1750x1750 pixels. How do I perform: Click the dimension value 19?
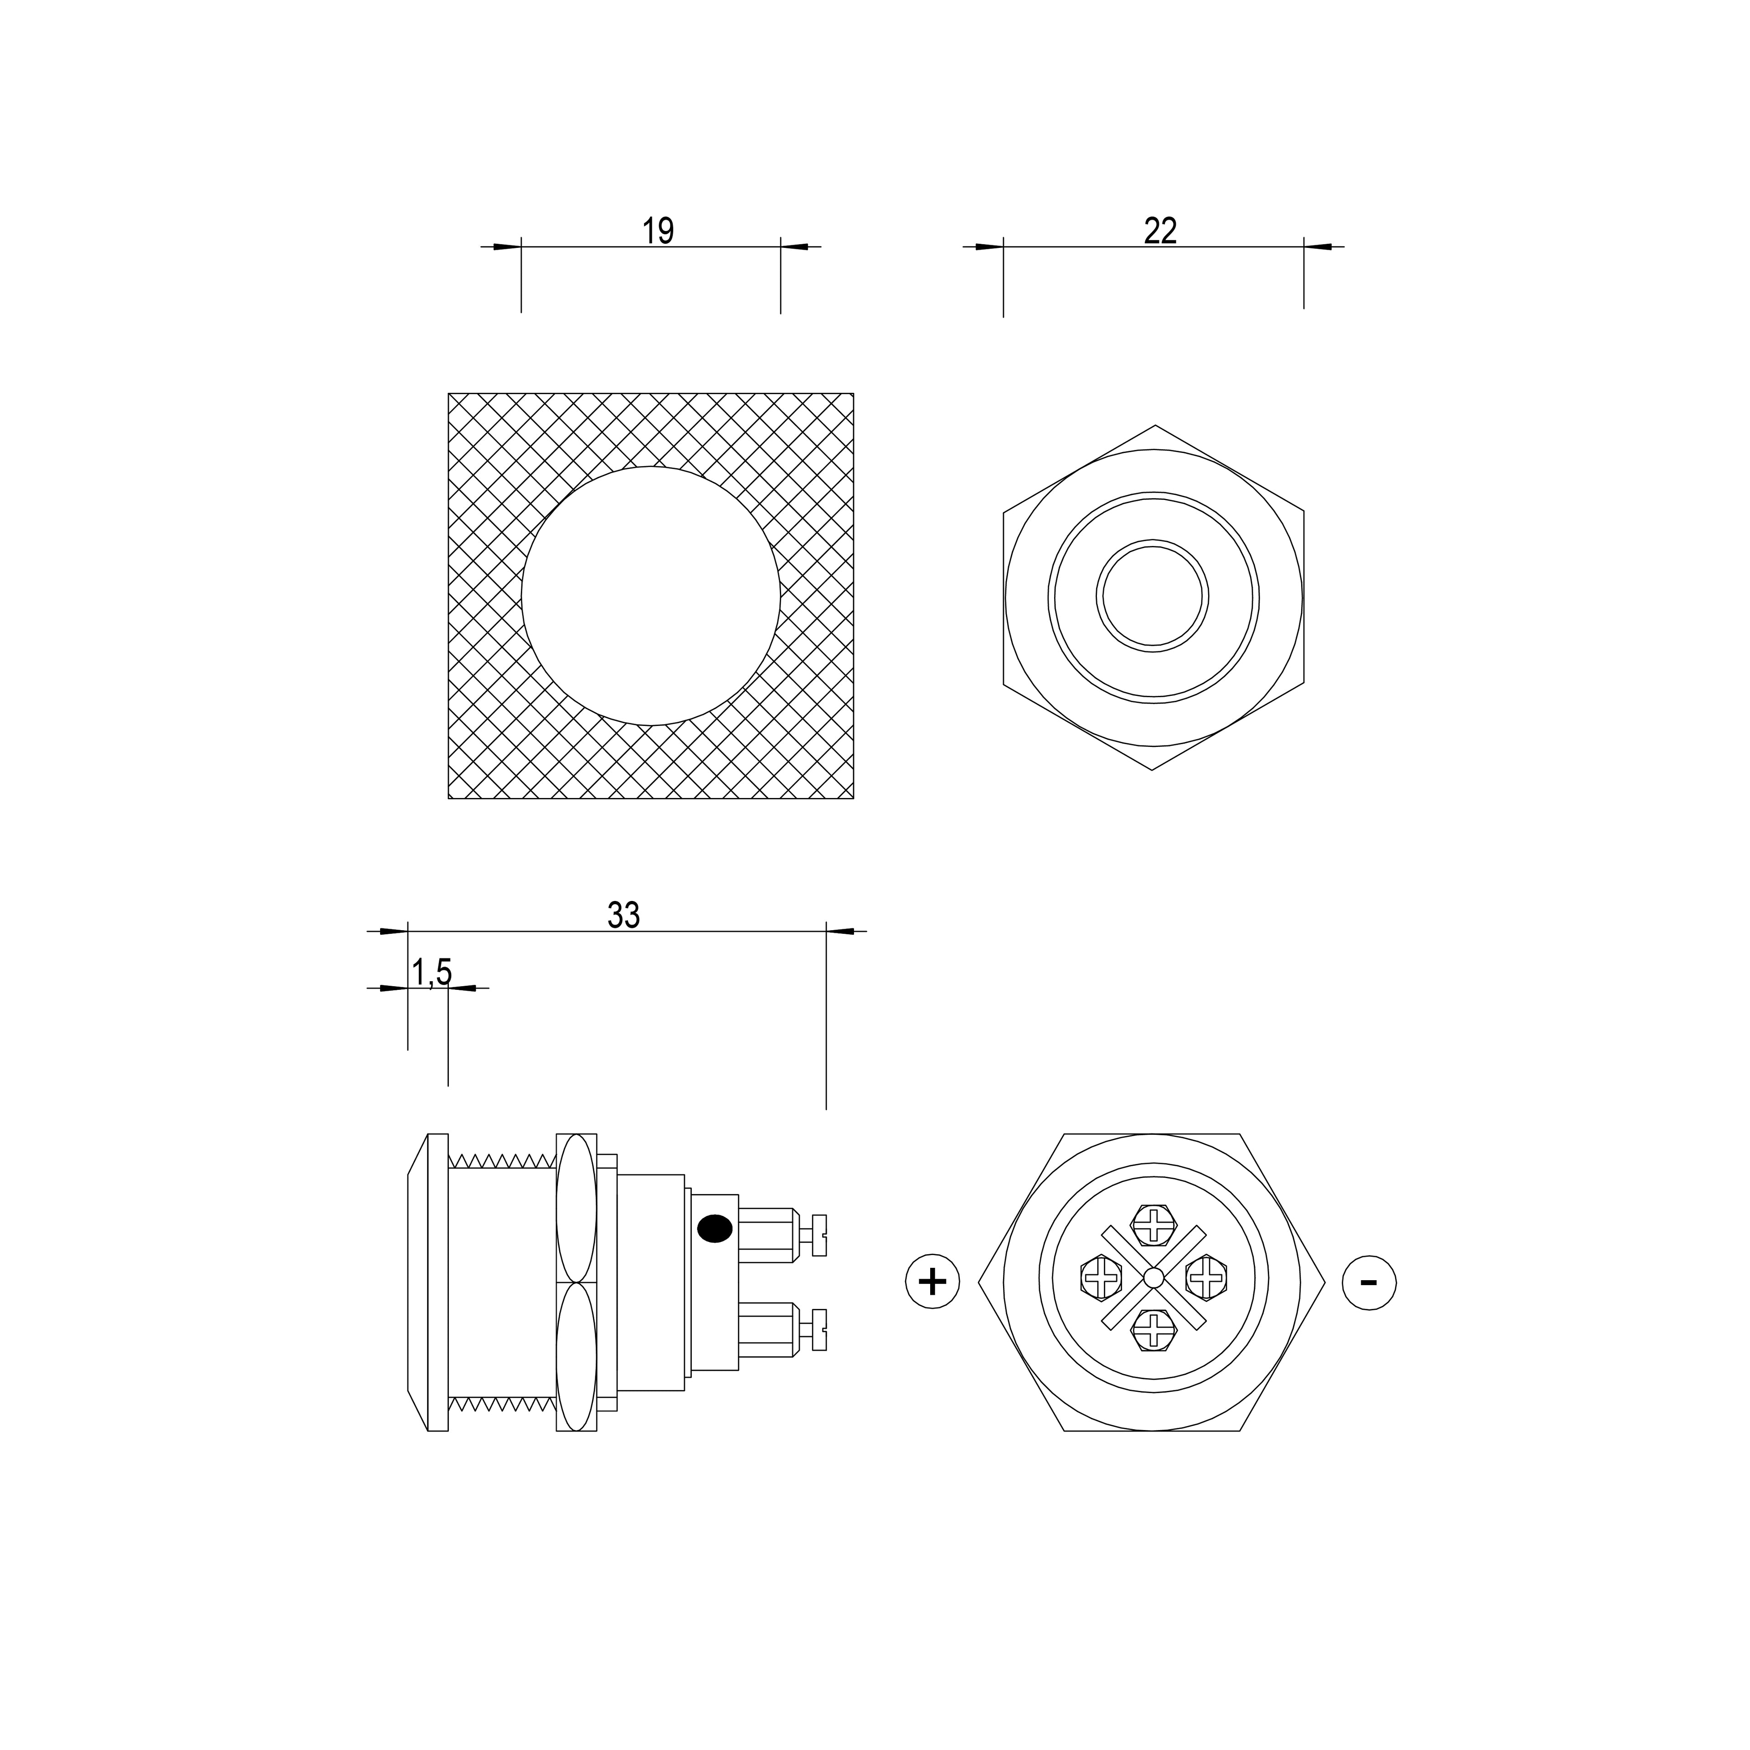pyautogui.click(x=659, y=231)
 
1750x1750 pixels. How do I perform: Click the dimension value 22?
pyautogui.click(x=1160, y=231)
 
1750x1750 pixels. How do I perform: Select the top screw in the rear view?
pyautogui.click(x=1153, y=1225)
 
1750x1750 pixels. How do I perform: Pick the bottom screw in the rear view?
pyautogui.click(x=1153, y=1331)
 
